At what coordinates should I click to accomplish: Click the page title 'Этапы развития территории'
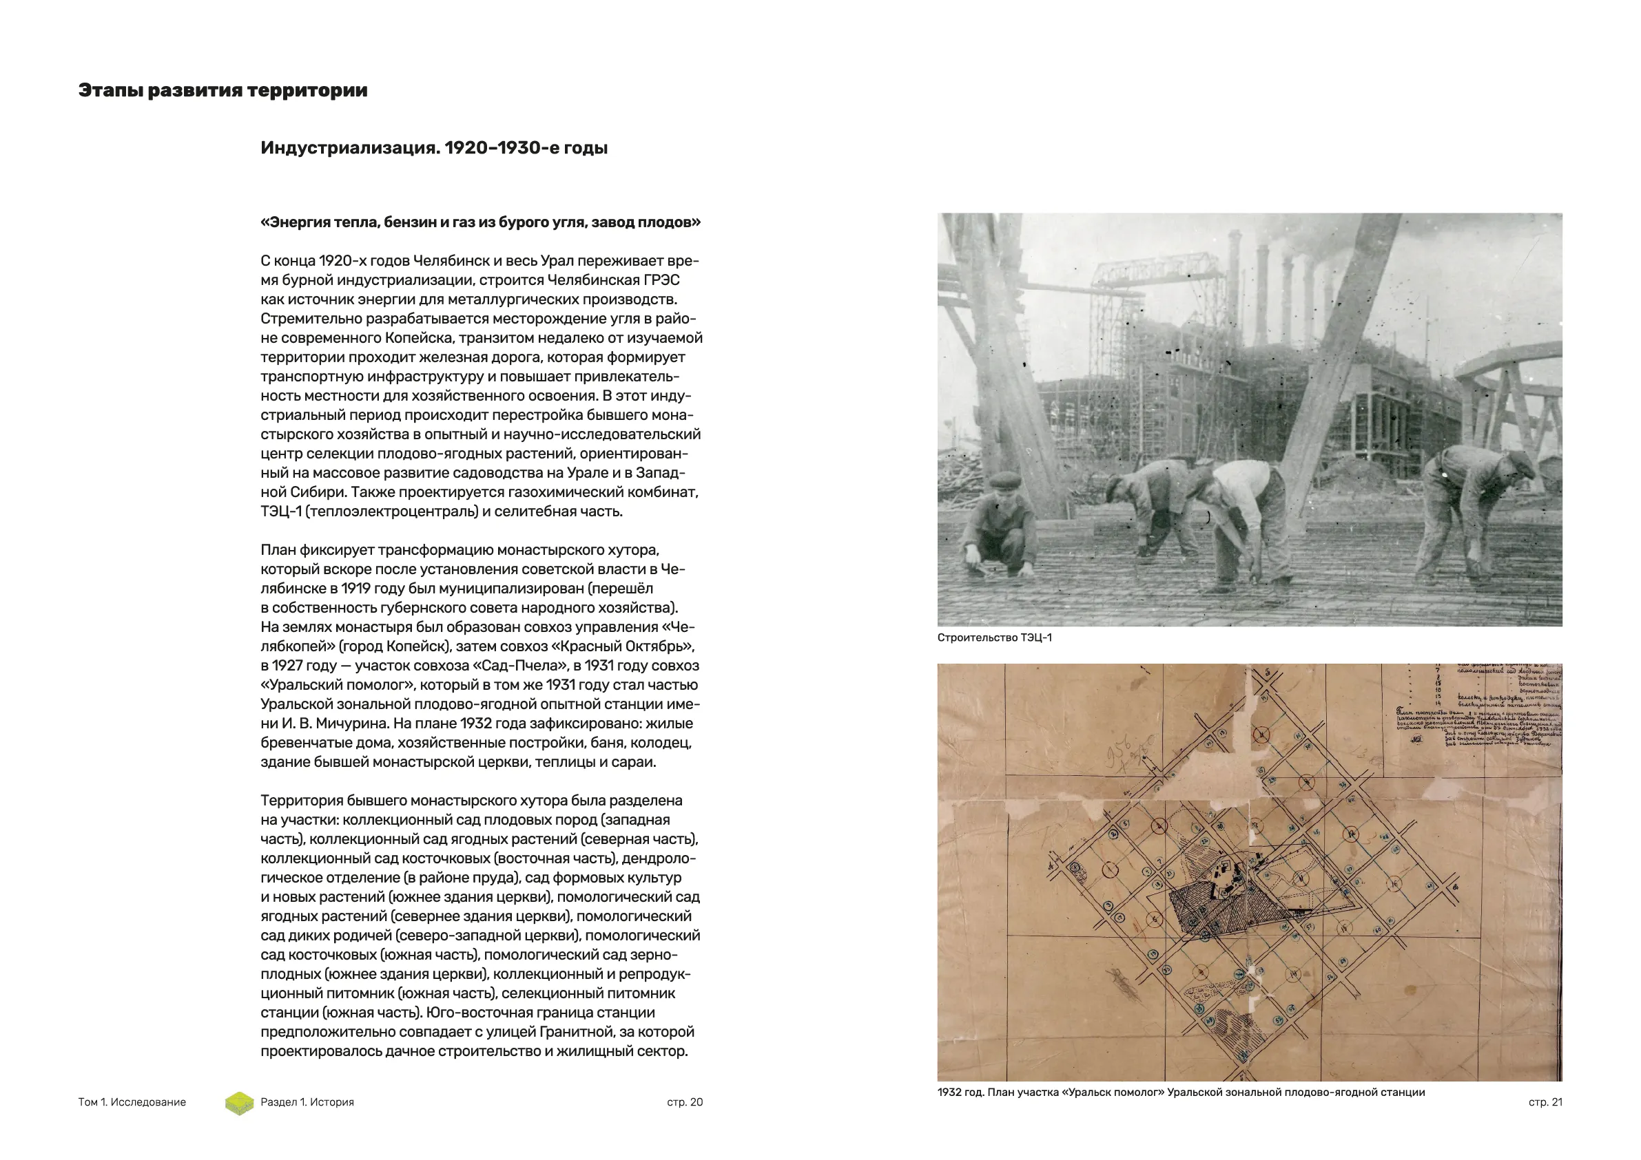pyautogui.click(x=223, y=91)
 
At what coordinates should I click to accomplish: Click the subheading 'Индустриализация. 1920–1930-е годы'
pyautogui.click(x=434, y=148)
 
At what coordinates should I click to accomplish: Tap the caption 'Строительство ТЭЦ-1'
pyautogui.click(x=994, y=638)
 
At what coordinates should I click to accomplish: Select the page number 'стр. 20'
pyautogui.click(x=685, y=1102)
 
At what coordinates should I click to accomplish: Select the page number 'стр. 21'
pyautogui.click(x=1545, y=1102)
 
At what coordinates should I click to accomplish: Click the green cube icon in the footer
pyautogui.click(x=240, y=1103)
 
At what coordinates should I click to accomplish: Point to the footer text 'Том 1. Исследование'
pyautogui.click(x=132, y=1102)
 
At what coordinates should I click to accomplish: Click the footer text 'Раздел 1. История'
pyautogui.click(x=307, y=1102)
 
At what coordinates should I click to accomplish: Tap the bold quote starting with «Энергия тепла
pyautogui.click(x=480, y=222)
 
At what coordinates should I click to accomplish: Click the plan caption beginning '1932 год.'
pyautogui.click(x=1181, y=1092)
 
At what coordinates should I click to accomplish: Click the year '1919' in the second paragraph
pyautogui.click(x=356, y=589)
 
